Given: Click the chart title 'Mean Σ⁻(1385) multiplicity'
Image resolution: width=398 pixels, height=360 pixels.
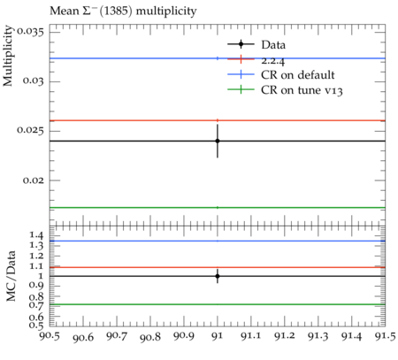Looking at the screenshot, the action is pos(123,11).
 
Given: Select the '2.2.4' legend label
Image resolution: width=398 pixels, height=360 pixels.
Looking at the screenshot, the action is pos(273,61).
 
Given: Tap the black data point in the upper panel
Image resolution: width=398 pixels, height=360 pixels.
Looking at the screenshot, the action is pos(218,141).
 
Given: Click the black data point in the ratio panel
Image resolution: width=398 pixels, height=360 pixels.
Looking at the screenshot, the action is pos(218,276).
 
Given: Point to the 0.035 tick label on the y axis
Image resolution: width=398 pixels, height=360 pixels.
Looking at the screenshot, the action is pos(30,32).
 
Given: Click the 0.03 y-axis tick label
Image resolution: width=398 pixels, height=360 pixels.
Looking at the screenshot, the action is pos(34,80).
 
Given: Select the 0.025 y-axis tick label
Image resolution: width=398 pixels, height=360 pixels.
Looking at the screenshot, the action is pos(30,130).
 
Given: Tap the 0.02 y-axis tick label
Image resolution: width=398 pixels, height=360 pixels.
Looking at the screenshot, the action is pos(34,180).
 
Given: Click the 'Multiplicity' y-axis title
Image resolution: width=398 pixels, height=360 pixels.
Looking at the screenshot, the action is pos(8,56).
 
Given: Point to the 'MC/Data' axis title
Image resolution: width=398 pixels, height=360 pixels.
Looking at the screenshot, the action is pos(11,276).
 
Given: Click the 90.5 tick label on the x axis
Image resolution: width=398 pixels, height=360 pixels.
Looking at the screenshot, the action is pos(50,336).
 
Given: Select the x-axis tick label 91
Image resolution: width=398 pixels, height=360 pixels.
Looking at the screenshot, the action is pos(218,336).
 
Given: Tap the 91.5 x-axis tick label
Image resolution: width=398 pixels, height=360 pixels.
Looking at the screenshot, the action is pos(386,336).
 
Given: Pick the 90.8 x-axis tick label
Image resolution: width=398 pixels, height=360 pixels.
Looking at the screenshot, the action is pos(150,337).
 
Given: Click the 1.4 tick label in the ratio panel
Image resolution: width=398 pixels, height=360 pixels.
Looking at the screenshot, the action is pos(36,235).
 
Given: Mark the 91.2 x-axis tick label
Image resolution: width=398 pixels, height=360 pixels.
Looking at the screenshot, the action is pos(285,336).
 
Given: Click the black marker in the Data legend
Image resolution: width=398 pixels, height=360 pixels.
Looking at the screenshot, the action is pos(241,44).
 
